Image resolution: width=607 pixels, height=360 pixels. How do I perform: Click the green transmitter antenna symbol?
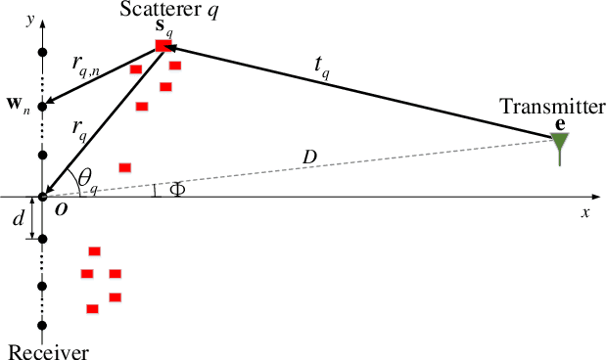click(560, 143)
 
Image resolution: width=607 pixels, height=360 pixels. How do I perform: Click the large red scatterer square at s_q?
click(163, 45)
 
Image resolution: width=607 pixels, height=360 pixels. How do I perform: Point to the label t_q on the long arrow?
click(321, 66)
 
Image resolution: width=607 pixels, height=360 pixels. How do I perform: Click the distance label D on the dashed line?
click(309, 157)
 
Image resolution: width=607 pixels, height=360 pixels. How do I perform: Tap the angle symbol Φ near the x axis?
click(176, 189)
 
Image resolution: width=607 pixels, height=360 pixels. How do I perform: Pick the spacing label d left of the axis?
click(18, 219)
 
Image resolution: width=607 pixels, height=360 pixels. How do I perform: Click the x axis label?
click(585, 211)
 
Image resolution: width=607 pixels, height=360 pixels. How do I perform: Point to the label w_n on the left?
click(19, 106)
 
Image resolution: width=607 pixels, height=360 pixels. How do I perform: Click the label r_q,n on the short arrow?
click(88, 65)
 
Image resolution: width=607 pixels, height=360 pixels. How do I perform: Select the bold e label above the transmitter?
click(559, 123)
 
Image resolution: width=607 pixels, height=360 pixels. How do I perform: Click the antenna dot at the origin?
click(42, 197)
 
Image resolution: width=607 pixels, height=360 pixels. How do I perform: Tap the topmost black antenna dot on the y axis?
click(42, 51)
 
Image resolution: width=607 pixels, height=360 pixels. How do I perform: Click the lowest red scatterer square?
click(92, 309)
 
